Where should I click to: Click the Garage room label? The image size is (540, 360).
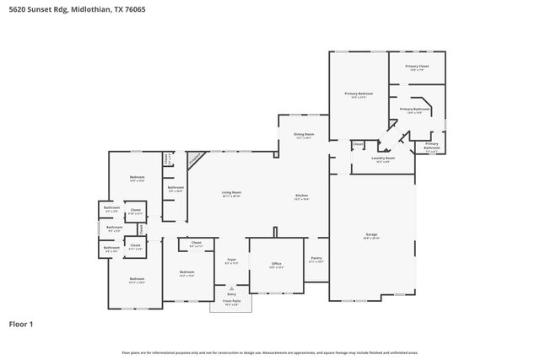click(371, 234)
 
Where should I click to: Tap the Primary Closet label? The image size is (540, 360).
click(416, 66)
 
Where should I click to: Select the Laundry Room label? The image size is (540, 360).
click(382, 158)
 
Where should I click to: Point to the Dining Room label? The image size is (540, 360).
click(304, 134)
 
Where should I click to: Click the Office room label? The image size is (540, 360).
click(276, 264)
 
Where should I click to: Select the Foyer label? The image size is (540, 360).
click(231, 261)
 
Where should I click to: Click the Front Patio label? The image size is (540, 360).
click(231, 300)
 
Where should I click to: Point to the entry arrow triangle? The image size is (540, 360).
click(231, 287)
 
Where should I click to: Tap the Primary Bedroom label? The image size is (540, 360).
click(358, 93)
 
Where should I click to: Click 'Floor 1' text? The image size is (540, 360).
click(20, 324)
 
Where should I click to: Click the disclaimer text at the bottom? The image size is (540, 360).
click(270, 352)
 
